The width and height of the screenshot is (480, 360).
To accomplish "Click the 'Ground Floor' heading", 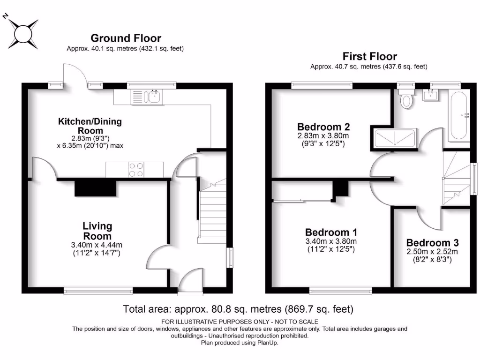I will click(126, 38).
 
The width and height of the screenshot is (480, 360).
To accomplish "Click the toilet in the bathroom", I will click(406, 99).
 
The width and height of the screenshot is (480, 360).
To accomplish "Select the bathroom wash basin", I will click(430, 95).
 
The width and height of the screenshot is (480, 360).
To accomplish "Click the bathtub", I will click(458, 116).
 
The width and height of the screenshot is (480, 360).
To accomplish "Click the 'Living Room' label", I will click(97, 231).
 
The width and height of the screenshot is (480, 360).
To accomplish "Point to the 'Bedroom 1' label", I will click(331, 232).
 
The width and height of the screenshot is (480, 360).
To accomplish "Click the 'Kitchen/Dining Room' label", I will click(90, 126).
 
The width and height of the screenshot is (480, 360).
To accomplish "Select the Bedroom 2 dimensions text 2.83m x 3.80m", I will click(323, 136).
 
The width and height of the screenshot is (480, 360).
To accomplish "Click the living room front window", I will click(98, 291).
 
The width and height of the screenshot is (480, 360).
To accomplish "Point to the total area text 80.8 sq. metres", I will click(238, 309).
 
